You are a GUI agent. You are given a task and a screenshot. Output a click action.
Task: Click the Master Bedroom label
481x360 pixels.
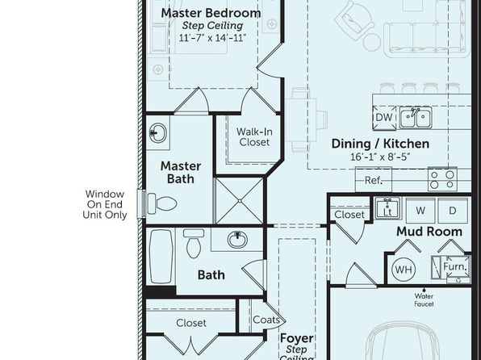click(x=211, y=13)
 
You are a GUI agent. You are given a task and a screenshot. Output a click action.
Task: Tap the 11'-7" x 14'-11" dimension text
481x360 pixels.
click(x=212, y=38)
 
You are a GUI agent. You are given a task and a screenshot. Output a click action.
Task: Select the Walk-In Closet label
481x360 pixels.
click(x=254, y=137)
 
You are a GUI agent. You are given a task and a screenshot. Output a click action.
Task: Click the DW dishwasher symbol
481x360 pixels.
click(x=384, y=117)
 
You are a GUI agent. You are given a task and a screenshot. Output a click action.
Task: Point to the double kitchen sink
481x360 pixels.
click(x=416, y=118)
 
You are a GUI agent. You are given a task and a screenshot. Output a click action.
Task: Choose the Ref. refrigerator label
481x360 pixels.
click(x=374, y=181)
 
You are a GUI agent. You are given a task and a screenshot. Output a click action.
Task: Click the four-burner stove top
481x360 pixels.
click(x=442, y=179)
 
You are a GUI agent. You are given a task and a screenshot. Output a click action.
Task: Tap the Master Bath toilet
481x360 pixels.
click(x=162, y=203)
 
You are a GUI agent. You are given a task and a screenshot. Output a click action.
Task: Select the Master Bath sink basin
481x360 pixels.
click(x=158, y=133)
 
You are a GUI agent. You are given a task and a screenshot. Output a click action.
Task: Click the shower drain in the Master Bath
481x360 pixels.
click(x=240, y=201)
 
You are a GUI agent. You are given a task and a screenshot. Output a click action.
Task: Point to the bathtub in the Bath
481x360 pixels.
click(x=161, y=257)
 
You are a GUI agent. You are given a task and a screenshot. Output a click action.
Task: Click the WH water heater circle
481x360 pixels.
click(x=404, y=270)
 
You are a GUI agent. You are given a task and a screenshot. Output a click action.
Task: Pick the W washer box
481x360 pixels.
click(x=420, y=211)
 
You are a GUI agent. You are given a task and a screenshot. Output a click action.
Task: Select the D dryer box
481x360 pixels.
click(x=453, y=211)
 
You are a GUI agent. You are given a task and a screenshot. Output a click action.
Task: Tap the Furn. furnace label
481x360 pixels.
click(x=456, y=266)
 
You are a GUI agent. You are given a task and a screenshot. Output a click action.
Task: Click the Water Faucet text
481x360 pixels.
click(x=424, y=299)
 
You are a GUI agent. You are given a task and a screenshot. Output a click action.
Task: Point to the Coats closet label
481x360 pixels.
click(x=266, y=320)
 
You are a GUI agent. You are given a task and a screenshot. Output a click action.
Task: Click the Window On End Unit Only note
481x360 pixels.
click(x=105, y=204)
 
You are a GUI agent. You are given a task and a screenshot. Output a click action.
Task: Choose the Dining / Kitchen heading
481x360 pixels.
click(x=380, y=144)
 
